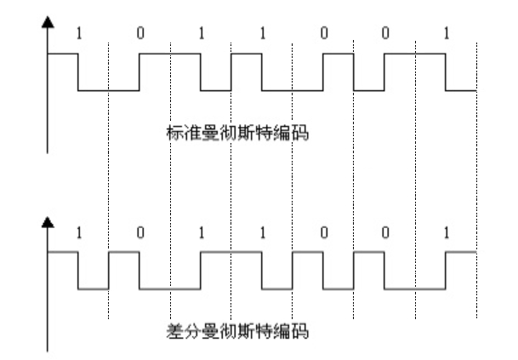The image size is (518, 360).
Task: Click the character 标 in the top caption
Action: [175, 133]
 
